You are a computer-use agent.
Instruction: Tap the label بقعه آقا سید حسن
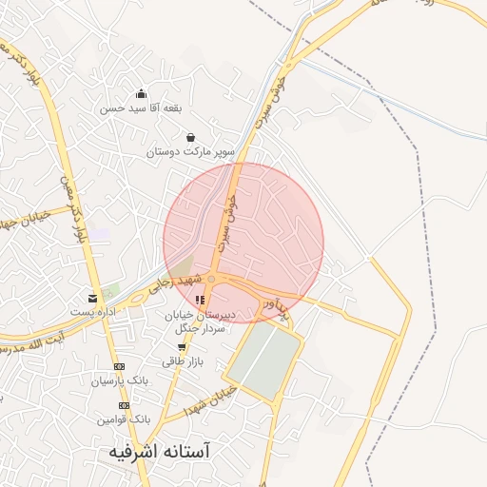tap(140, 108)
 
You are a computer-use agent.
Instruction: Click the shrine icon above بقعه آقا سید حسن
tap(141, 93)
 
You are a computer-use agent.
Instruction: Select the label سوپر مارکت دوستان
tap(192, 151)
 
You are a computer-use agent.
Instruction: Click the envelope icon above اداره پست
tap(92, 298)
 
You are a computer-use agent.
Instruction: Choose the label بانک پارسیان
tap(121, 380)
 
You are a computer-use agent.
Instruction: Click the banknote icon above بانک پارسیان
tap(119, 366)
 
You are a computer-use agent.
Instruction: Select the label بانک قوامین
tap(124, 419)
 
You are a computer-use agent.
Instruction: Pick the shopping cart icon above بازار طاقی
tap(181, 347)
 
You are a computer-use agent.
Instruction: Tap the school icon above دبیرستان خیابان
tap(200, 301)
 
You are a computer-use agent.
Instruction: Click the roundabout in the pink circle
tap(214, 279)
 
